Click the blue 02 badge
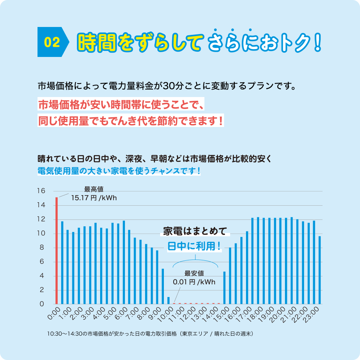coord(52,42)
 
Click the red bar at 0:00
coord(57,250)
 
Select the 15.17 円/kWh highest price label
coord(94,198)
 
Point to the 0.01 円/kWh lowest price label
coord(194,282)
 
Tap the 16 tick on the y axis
coord(41,191)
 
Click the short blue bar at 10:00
coord(168,300)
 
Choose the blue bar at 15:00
coord(224,288)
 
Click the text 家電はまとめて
coord(195,231)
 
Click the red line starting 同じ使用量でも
coord(130,121)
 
